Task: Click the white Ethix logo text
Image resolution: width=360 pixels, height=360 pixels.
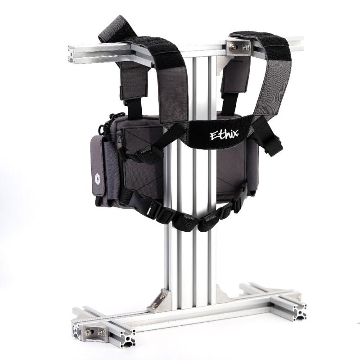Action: (224, 134)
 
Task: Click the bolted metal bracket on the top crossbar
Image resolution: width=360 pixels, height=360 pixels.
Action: (238, 46)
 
